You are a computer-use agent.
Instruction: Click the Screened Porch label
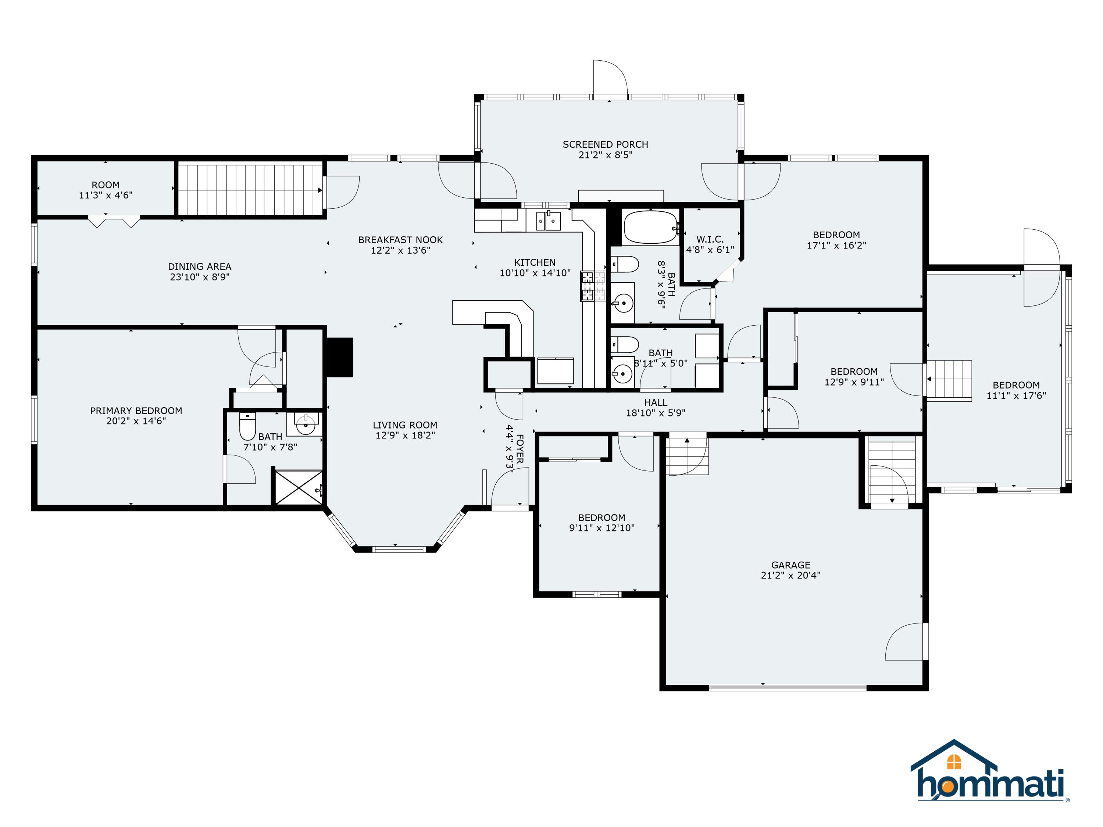(605, 144)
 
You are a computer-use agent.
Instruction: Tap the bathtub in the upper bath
(650, 227)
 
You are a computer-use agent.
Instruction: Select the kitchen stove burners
(593, 287)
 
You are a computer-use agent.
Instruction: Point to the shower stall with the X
(298, 487)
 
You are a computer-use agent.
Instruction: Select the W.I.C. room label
(710, 240)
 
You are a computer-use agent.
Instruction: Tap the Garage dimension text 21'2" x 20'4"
(790, 575)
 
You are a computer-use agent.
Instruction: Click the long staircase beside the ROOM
(249, 189)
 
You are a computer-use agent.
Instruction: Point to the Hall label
(655, 402)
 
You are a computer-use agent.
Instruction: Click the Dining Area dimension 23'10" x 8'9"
(199, 277)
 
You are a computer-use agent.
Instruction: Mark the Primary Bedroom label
(136, 411)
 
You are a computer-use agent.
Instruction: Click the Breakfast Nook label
(400, 240)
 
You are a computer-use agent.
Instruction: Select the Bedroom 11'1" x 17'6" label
(1016, 385)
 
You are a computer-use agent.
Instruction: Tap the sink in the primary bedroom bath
(305, 425)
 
